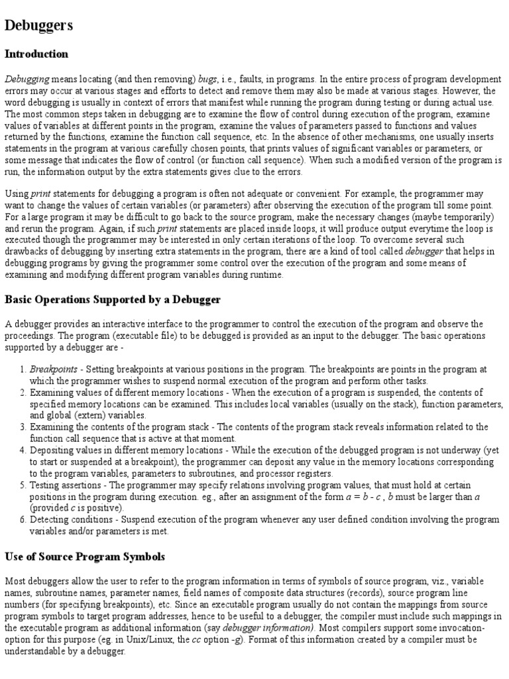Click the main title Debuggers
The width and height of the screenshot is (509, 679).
[39, 26]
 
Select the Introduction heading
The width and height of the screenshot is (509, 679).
[36, 54]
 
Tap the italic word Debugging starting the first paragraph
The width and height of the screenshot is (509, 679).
[27, 79]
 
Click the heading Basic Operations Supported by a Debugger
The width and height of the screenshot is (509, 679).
[113, 300]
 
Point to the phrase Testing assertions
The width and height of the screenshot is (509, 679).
[66, 485]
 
